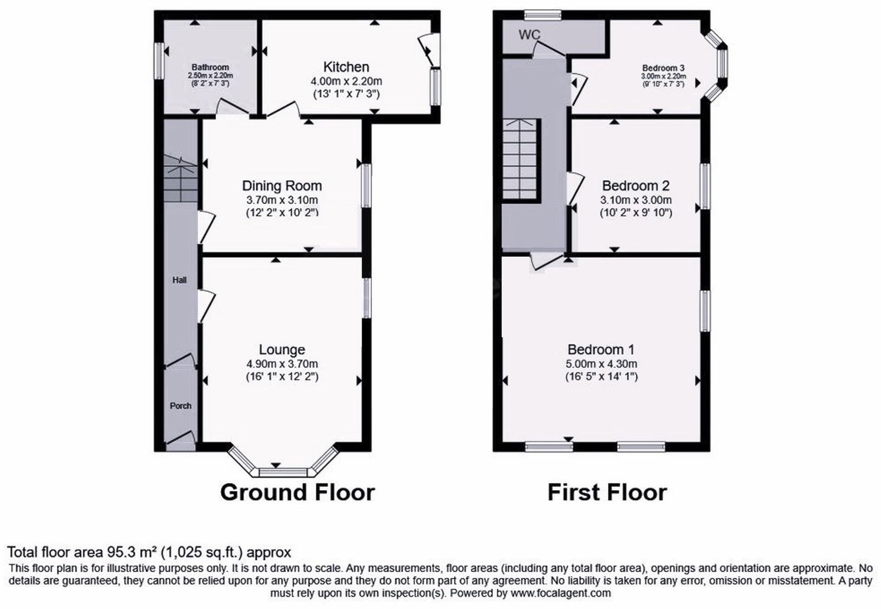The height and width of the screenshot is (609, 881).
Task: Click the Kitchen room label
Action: (x=346, y=67)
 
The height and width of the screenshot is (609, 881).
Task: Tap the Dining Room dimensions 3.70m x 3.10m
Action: (x=282, y=200)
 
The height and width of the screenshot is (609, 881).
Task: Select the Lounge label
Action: (x=282, y=349)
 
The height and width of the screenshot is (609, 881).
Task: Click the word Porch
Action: (x=180, y=406)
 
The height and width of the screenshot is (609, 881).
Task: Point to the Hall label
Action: (x=179, y=280)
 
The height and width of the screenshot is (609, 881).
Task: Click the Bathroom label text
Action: (x=210, y=67)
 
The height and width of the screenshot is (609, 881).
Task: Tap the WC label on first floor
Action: (x=530, y=34)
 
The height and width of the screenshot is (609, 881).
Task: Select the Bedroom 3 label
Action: (x=663, y=68)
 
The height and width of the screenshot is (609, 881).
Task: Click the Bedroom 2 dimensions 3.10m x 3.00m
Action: (x=636, y=200)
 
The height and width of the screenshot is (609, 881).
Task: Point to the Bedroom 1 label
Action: (x=601, y=349)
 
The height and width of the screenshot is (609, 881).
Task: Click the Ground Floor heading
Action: (x=297, y=493)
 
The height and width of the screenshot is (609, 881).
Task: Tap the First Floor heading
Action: (x=607, y=493)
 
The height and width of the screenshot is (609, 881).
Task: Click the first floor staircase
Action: (x=520, y=159)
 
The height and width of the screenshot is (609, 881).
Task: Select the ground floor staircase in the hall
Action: (x=180, y=179)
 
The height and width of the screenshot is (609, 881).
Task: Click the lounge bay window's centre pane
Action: (x=283, y=472)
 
